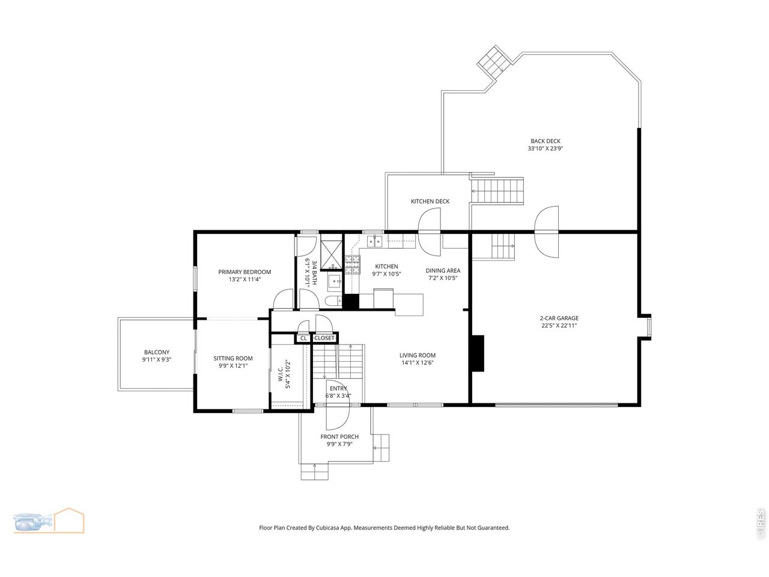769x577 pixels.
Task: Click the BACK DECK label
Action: (545, 141)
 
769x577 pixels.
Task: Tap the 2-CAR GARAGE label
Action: (559, 318)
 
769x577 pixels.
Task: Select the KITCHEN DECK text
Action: (430, 201)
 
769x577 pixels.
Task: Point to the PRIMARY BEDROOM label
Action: (245, 272)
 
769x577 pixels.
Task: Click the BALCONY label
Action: (157, 352)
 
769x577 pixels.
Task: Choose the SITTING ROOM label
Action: (233, 358)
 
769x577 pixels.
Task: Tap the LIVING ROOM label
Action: (418, 355)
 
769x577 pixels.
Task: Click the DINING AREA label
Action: (443, 270)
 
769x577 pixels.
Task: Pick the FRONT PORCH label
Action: (339, 436)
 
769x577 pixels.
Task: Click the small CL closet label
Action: (303, 338)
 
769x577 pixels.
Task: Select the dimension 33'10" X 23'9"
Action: (545, 148)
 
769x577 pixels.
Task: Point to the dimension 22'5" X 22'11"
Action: (559, 325)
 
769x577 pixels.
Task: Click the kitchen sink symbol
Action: (374, 242)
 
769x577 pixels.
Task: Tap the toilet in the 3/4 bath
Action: (333, 301)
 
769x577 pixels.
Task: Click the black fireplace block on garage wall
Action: (478, 353)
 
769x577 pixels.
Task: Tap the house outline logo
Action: (69, 521)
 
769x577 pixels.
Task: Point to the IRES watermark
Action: (760, 524)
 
